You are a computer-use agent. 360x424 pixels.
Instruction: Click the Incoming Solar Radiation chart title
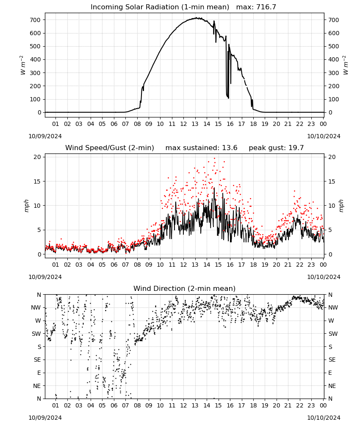click(160, 7)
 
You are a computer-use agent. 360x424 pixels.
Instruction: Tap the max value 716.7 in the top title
click(266, 7)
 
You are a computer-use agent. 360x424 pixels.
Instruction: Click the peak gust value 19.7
click(296, 148)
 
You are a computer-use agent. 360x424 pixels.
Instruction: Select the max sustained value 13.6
click(230, 148)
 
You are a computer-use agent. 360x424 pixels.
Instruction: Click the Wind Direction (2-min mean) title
click(185, 288)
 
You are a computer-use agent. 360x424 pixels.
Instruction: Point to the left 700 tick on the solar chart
click(36, 20)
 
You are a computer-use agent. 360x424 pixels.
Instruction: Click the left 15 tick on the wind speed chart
click(37, 181)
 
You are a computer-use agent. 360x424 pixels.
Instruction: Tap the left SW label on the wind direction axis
click(36, 334)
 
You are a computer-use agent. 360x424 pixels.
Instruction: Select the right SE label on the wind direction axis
click(332, 360)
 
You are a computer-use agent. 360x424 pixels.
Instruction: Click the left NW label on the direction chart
click(36, 307)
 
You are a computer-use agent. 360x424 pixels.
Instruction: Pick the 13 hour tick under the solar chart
click(195, 124)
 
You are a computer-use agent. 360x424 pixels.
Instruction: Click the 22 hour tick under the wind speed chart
click(299, 265)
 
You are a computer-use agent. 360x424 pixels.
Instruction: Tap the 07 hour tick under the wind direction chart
click(125, 405)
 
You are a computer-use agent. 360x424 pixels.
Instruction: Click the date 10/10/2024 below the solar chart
click(324, 136)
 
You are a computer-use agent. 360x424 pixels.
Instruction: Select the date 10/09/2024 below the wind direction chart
click(45, 418)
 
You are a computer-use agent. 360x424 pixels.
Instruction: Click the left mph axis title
click(26, 206)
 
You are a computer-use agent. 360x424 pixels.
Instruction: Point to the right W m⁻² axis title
click(346, 65)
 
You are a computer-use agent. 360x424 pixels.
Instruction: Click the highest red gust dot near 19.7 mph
click(215, 159)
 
